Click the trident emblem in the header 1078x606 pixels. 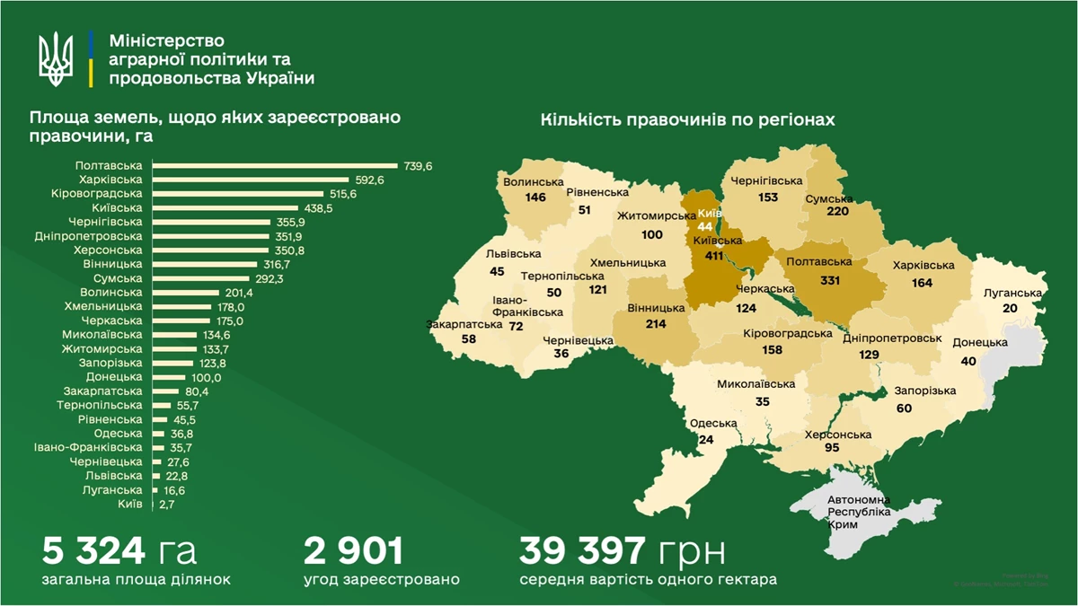tap(56, 59)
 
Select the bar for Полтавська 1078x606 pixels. tap(274, 166)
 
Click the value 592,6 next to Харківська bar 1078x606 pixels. tap(368, 180)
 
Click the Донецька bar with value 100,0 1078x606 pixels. tap(167, 378)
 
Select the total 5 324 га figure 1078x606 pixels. tap(119, 549)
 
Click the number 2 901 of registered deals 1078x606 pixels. tap(353, 549)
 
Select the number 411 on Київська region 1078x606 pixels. tap(714, 255)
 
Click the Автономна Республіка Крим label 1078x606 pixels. tap(859, 511)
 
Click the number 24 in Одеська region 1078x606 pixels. tap(706, 440)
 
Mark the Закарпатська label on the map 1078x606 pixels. tap(464, 325)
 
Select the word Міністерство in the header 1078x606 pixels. tap(166, 41)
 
